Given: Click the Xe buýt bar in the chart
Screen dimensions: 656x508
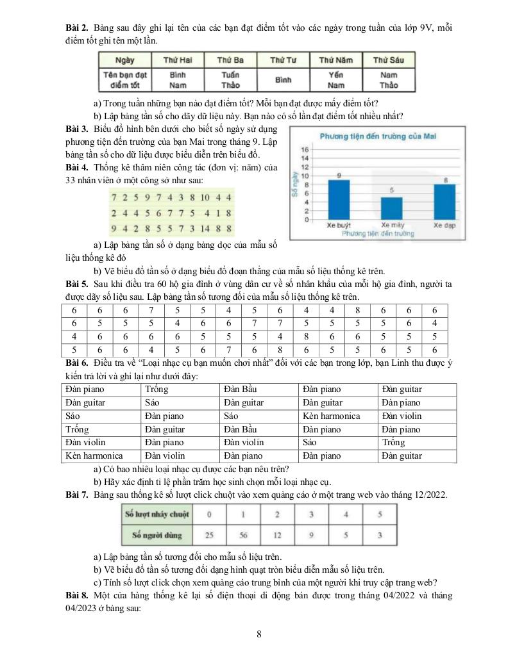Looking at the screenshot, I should tap(339, 199).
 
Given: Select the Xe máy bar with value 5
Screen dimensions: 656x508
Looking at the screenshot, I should tap(392, 208).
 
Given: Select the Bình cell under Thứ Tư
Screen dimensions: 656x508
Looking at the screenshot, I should tap(283, 80).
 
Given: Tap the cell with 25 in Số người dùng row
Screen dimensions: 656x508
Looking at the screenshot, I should tap(209, 535).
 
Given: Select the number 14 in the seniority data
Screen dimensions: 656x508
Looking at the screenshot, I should tap(207, 228).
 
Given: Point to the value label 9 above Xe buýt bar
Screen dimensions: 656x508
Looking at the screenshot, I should tap(338, 175).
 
